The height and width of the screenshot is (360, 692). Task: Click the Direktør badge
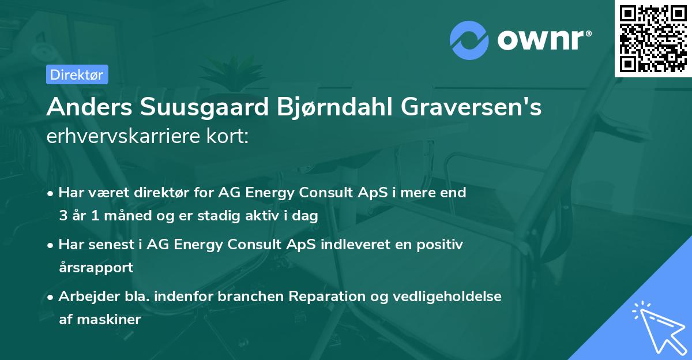[x=77, y=74]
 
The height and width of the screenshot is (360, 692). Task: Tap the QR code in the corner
[x=652, y=37]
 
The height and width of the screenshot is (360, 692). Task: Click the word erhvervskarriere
[x=123, y=137]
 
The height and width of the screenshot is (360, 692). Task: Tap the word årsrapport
[x=96, y=267]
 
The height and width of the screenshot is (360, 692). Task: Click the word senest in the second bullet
[x=111, y=245]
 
